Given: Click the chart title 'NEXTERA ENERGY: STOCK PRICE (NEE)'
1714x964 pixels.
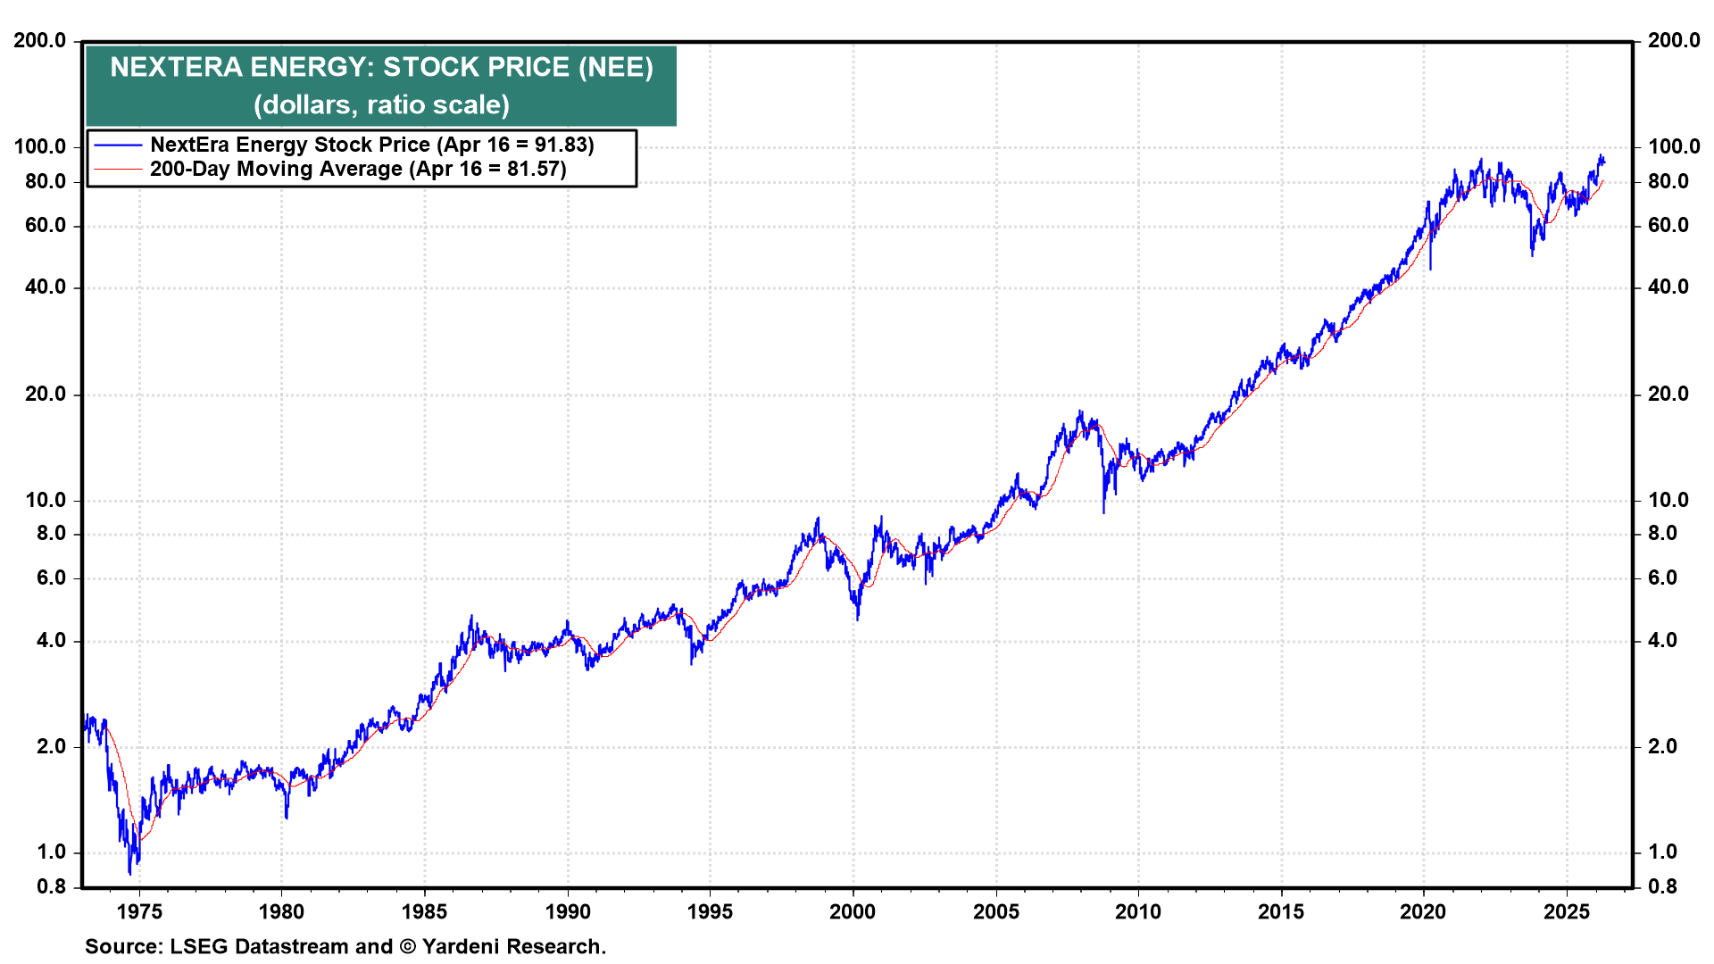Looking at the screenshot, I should pos(381,68).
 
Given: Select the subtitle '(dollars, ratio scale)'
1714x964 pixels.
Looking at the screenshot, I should pos(381,105).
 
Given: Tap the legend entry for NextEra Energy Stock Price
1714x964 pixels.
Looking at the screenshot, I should pos(371,145).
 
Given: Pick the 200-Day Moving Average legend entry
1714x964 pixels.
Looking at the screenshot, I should pos(357,169).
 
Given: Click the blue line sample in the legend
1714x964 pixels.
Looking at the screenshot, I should pos(118,145).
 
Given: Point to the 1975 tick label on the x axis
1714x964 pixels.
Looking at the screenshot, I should pos(139,911).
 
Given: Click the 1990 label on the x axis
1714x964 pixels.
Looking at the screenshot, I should pos(568,911).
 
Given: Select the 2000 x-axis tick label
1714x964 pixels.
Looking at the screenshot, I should pos(853,911).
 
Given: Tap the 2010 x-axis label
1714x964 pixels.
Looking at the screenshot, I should pos(1138,911).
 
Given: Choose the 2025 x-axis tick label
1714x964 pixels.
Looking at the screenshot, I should pos(1567,911).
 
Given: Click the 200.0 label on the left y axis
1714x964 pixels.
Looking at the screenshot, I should pos(40,40).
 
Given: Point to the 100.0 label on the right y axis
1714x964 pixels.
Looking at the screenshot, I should pos(1674,146).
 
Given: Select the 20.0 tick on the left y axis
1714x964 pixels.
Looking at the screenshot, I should pos(46,394).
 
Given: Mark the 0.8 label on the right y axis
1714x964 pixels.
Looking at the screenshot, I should pos(1662,886).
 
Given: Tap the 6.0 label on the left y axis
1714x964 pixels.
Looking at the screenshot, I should pos(51,578).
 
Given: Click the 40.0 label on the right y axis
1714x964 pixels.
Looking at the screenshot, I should pos(1668,287).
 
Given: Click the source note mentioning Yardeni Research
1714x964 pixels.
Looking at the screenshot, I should pos(345,946).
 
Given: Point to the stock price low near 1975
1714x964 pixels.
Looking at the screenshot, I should pos(130,872).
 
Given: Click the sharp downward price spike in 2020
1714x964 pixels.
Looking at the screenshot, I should pos(1430,267).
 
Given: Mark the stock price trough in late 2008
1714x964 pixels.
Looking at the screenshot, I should pos(1103,511).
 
